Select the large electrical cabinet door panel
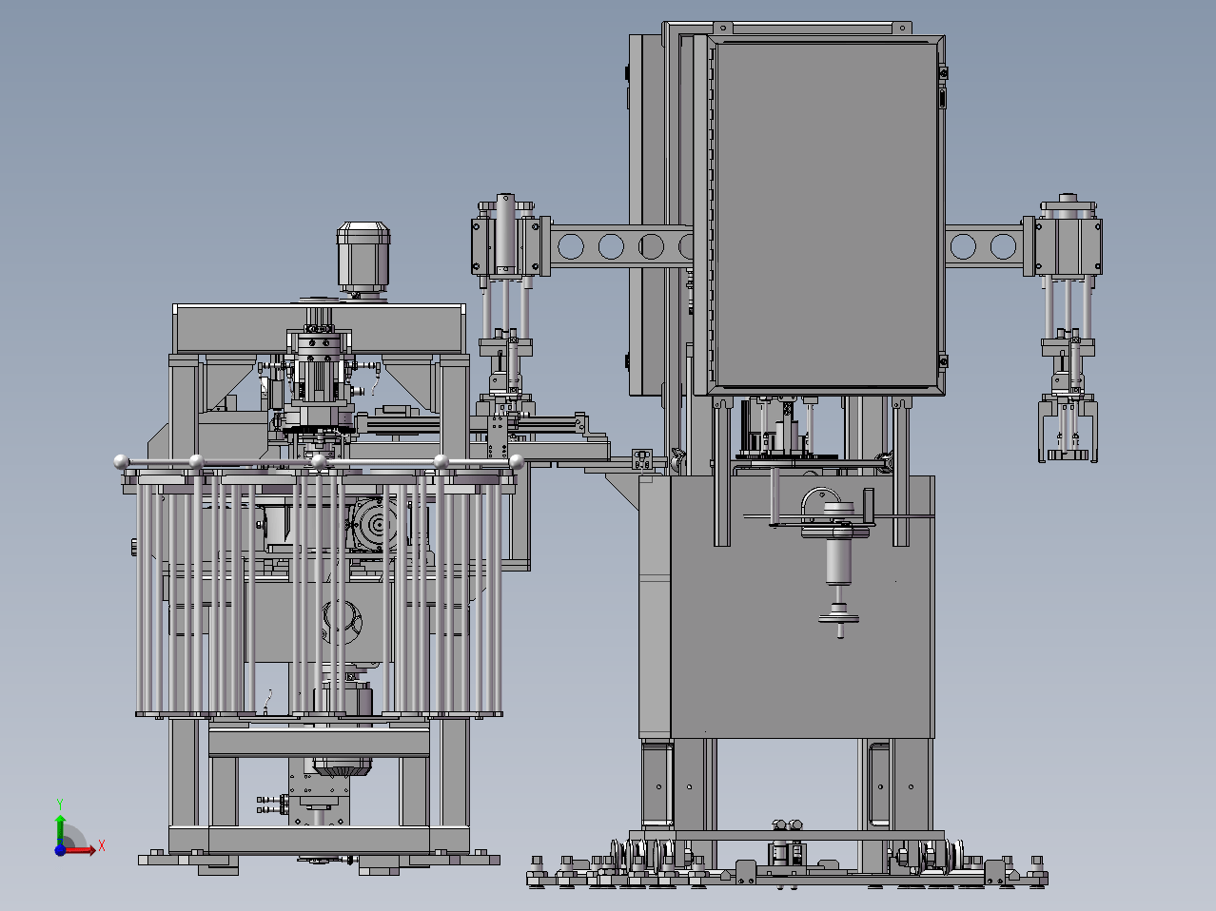[x=826, y=215]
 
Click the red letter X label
[x=102, y=845]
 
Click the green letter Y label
[x=60, y=804]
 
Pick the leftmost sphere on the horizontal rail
[x=122, y=461]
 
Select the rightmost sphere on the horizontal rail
[x=517, y=461]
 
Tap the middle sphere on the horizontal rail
[x=319, y=461]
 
